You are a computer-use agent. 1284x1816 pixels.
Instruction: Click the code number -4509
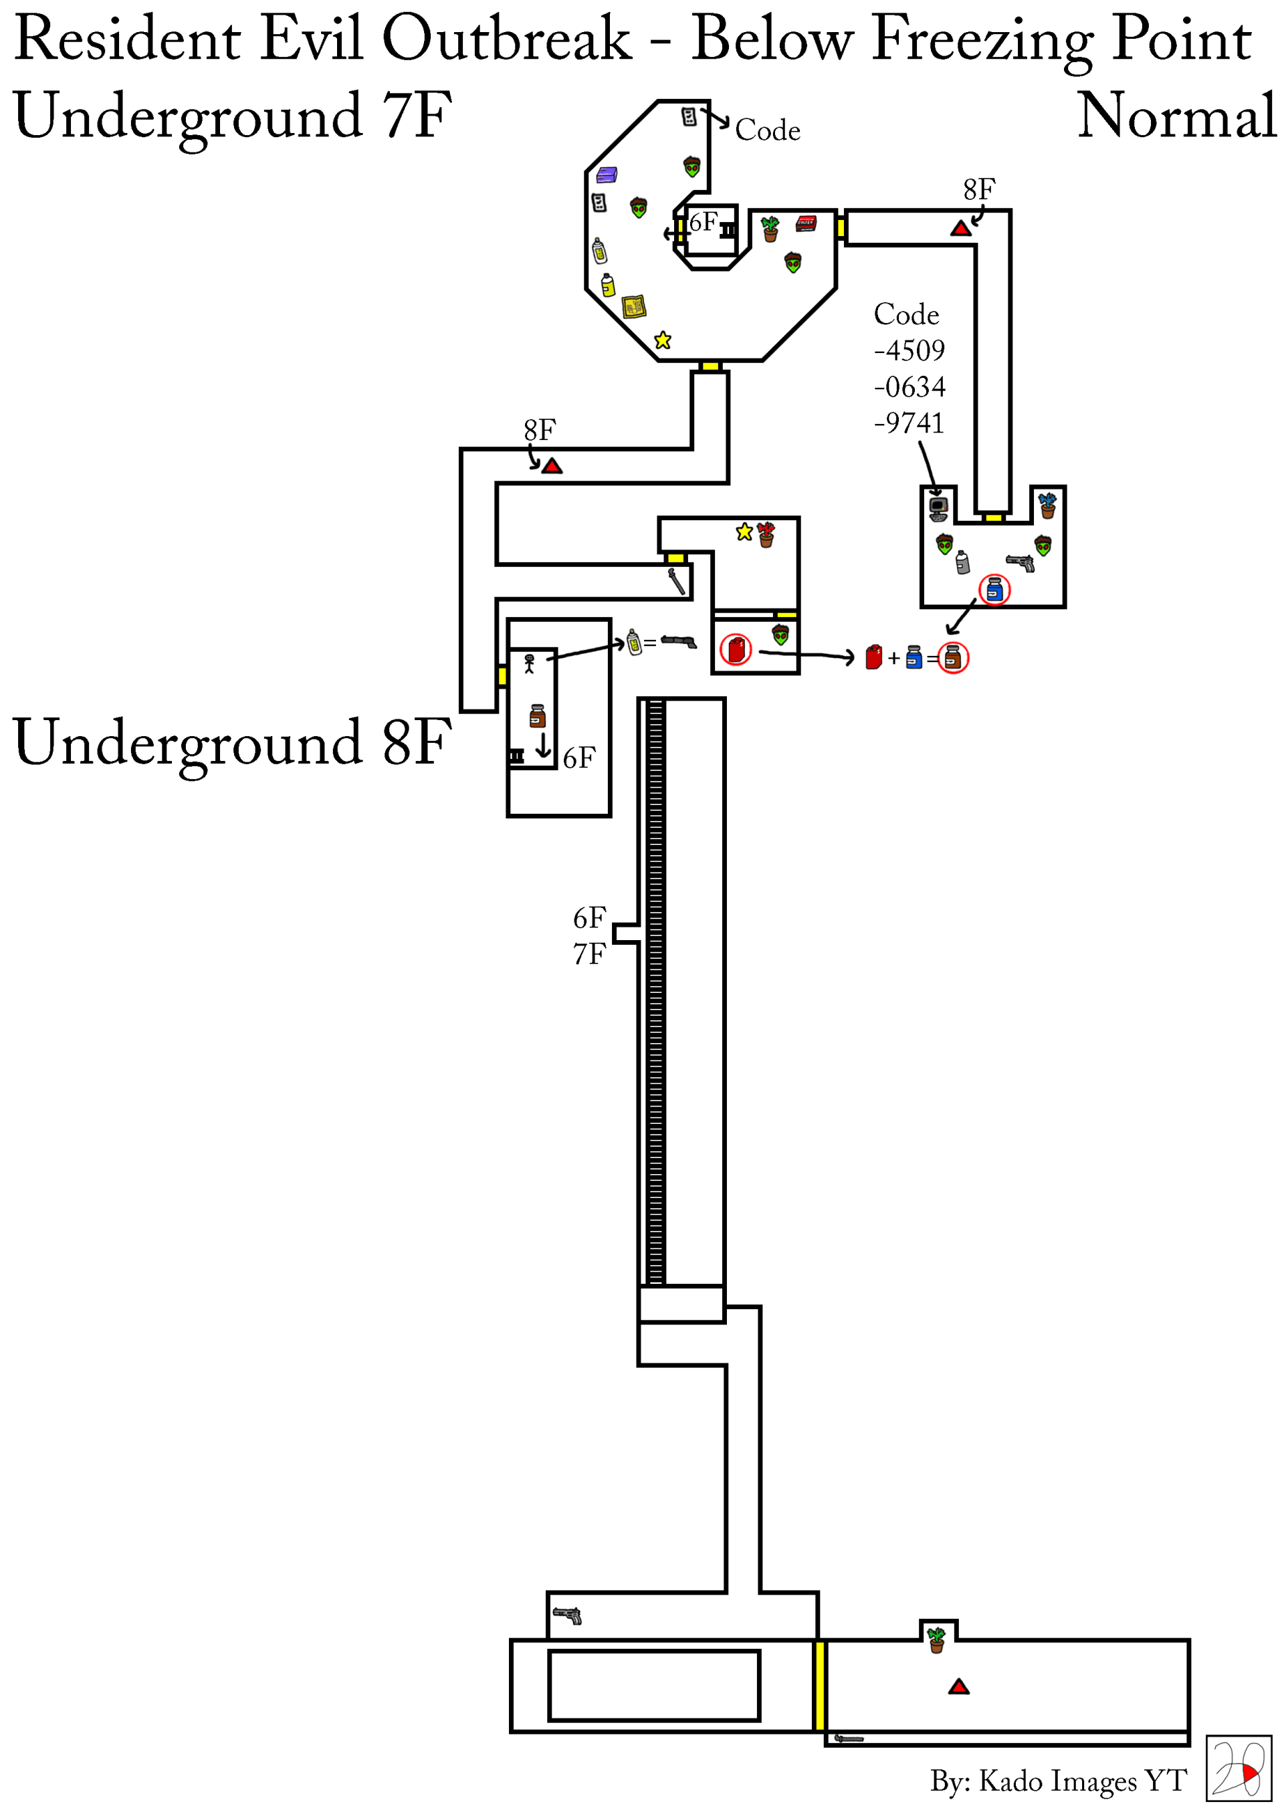click(909, 350)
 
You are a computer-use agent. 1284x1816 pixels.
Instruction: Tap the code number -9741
click(909, 423)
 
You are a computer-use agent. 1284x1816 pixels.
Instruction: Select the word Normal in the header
click(1176, 116)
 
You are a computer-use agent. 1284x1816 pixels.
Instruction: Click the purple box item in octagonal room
click(607, 174)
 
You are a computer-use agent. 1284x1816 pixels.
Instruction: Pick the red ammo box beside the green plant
click(805, 224)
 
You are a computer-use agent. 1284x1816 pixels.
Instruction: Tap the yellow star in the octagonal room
click(663, 340)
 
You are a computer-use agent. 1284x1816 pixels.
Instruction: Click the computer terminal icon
click(938, 509)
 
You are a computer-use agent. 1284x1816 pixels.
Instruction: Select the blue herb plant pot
click(1047, 505)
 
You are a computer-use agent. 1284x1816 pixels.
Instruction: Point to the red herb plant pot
click(766, 535)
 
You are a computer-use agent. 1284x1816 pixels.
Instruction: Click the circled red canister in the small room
click(736, 650)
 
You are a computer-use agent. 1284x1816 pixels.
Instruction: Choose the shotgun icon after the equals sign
click(679, 641)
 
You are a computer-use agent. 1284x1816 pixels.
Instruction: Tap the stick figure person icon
click(529, 663)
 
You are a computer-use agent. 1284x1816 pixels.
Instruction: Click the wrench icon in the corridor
click(676, 581)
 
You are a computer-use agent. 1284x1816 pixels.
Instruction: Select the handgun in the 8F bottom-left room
click(567, 1615)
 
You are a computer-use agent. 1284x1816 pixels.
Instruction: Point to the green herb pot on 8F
click(937, 1639)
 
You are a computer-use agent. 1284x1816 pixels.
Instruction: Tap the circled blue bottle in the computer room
click(994, 590)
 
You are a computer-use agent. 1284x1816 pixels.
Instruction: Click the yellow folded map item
click(634, 306)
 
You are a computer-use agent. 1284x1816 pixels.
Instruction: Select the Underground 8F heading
click(232, 742)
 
